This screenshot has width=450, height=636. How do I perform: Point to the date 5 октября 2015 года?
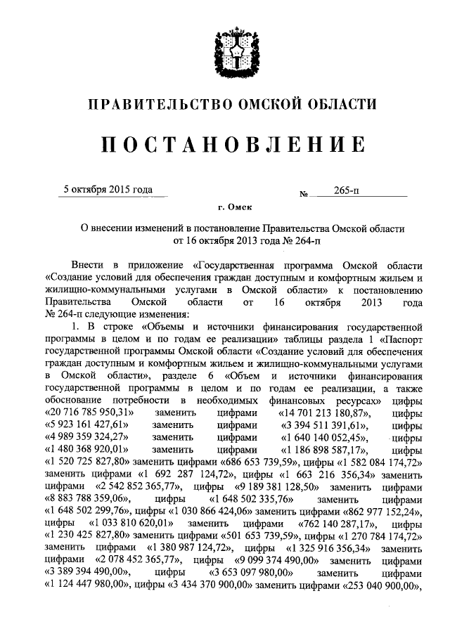click(108, 189)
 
